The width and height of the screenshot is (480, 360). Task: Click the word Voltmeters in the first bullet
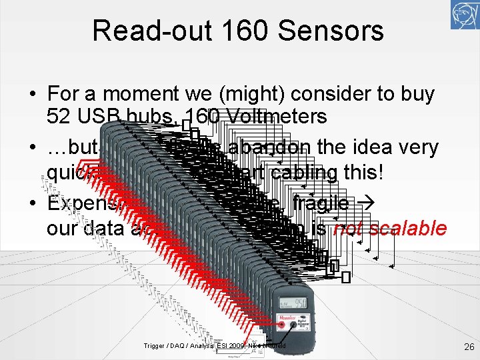(275, 117)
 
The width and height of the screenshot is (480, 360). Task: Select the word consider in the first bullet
(335, 94)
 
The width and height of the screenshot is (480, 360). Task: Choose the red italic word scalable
(408, 229)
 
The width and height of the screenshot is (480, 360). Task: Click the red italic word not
(348, 229)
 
